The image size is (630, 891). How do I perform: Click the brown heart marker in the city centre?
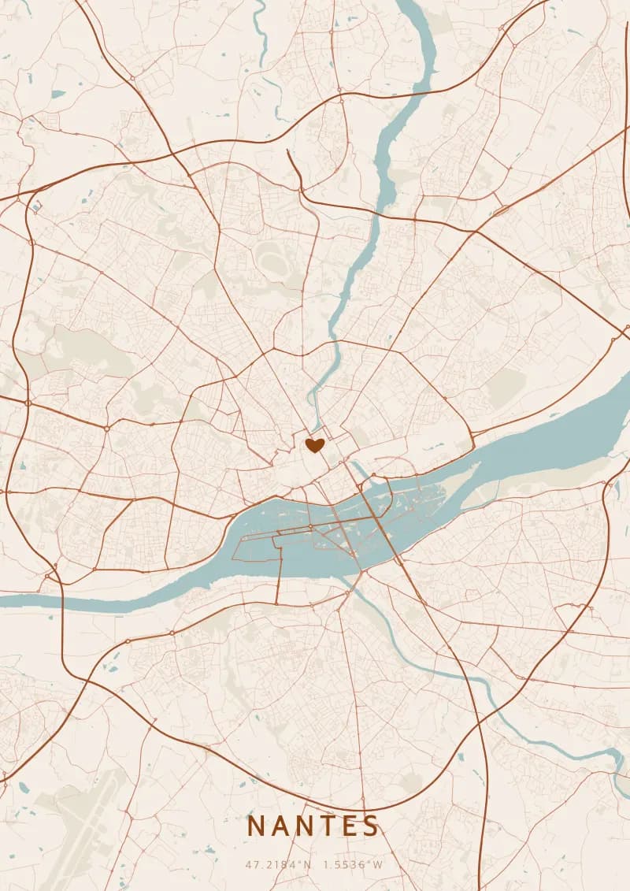pos(315,446)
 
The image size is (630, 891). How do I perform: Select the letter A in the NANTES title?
pos(282,826)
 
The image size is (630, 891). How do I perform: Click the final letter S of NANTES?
pos(371,826)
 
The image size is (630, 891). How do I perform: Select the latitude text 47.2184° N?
pos(279,864)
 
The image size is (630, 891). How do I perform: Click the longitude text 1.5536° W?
pos(354,864)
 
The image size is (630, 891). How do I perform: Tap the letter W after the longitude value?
pos(378,864)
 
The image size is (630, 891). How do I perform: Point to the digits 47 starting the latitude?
pos(251,864)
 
